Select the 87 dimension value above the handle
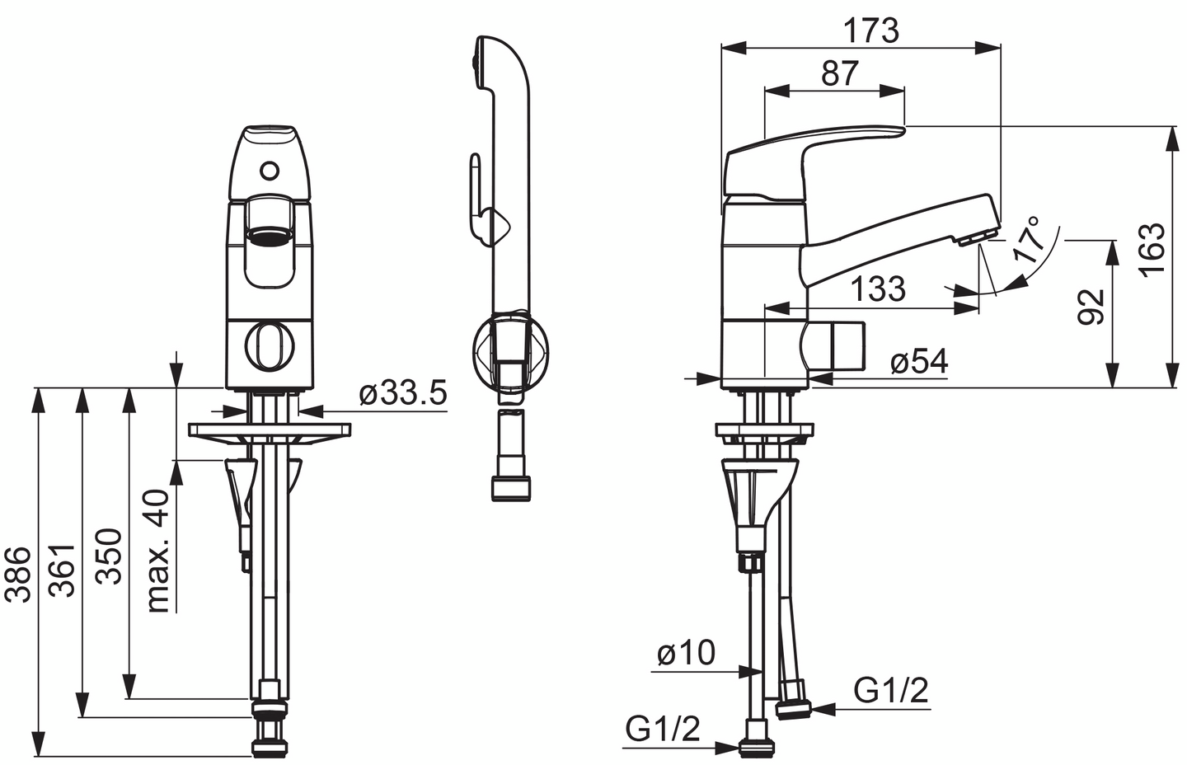click(839, 73)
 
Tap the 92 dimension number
click(1091, 307)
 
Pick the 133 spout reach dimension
click(878, 289)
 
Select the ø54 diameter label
click(919, 363)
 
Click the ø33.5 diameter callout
click(403, 392)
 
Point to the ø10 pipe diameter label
click(686, 652)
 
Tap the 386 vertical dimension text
click(17, 575)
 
